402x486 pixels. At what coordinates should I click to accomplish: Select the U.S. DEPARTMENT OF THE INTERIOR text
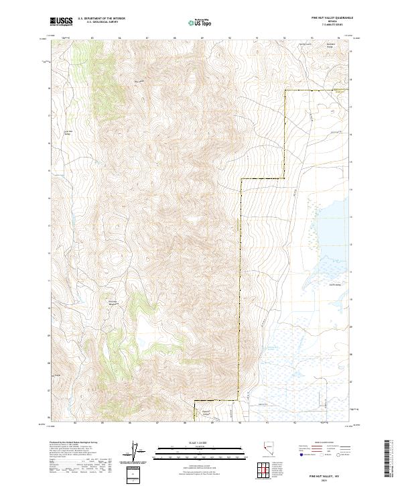[101, 19]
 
